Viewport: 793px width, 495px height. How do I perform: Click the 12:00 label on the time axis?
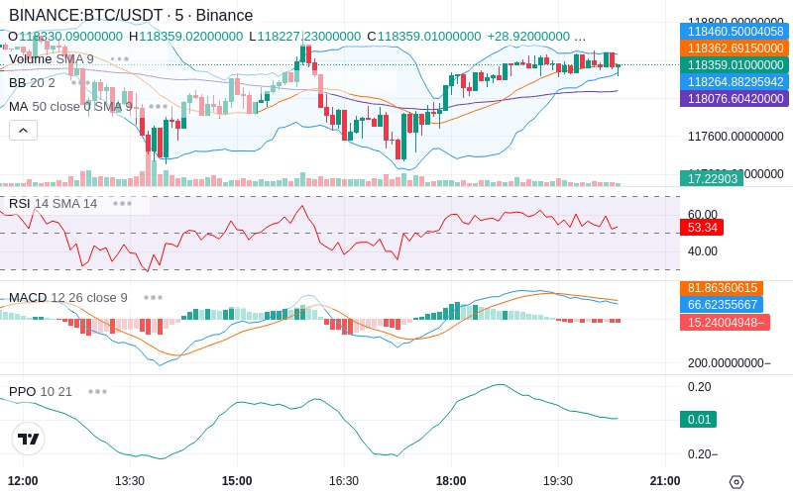pos(22,480)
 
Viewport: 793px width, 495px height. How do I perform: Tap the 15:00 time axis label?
pos(236,480)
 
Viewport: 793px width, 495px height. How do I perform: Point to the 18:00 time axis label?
pos(450,480)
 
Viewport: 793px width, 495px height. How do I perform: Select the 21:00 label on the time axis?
pos(664,480)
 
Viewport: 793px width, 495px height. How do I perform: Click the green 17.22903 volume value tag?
pos(711,178)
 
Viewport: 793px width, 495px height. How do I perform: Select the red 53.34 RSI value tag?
pos(702,227)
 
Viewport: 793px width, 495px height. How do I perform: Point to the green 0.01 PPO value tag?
pos(699,420)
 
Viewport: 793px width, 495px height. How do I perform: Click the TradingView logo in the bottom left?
pos(29,439)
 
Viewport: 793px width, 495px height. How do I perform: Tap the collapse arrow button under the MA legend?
pos(23,130)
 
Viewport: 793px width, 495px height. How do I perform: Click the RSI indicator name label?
pos(19,203)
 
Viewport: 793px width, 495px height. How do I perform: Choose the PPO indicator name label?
pos(22,391)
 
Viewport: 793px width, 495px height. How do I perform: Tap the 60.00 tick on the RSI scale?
pos(702,214)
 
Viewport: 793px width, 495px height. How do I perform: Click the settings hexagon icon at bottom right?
pos(736,482)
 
